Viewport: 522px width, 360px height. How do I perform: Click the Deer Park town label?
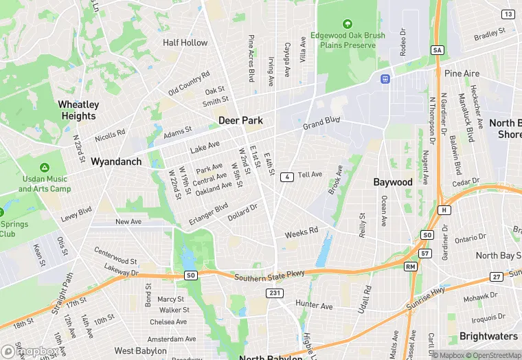[x=240, y=120]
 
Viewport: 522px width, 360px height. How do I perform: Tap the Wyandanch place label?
[x=116, y=162]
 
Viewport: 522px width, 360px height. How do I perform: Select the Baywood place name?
[x=393, y=182]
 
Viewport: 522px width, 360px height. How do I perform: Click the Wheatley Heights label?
[x=78, y=111]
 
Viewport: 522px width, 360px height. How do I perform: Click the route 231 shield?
[x=275, y=293]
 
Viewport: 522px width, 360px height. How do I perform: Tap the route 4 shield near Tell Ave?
[x=287, y=177]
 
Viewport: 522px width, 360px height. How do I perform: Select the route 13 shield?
[x=508, y=14]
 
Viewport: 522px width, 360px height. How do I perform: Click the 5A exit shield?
[x=438, y=50]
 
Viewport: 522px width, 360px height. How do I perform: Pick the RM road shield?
[x=411, y=266]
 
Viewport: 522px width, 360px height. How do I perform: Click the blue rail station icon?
[x=386, y=78]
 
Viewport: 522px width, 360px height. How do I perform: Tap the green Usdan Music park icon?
[x=44, y=168]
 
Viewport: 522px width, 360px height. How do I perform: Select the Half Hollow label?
[x=185, y=43]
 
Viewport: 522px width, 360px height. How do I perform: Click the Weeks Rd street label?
[x=302, y=232]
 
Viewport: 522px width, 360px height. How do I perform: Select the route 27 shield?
[x=497, y=276]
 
